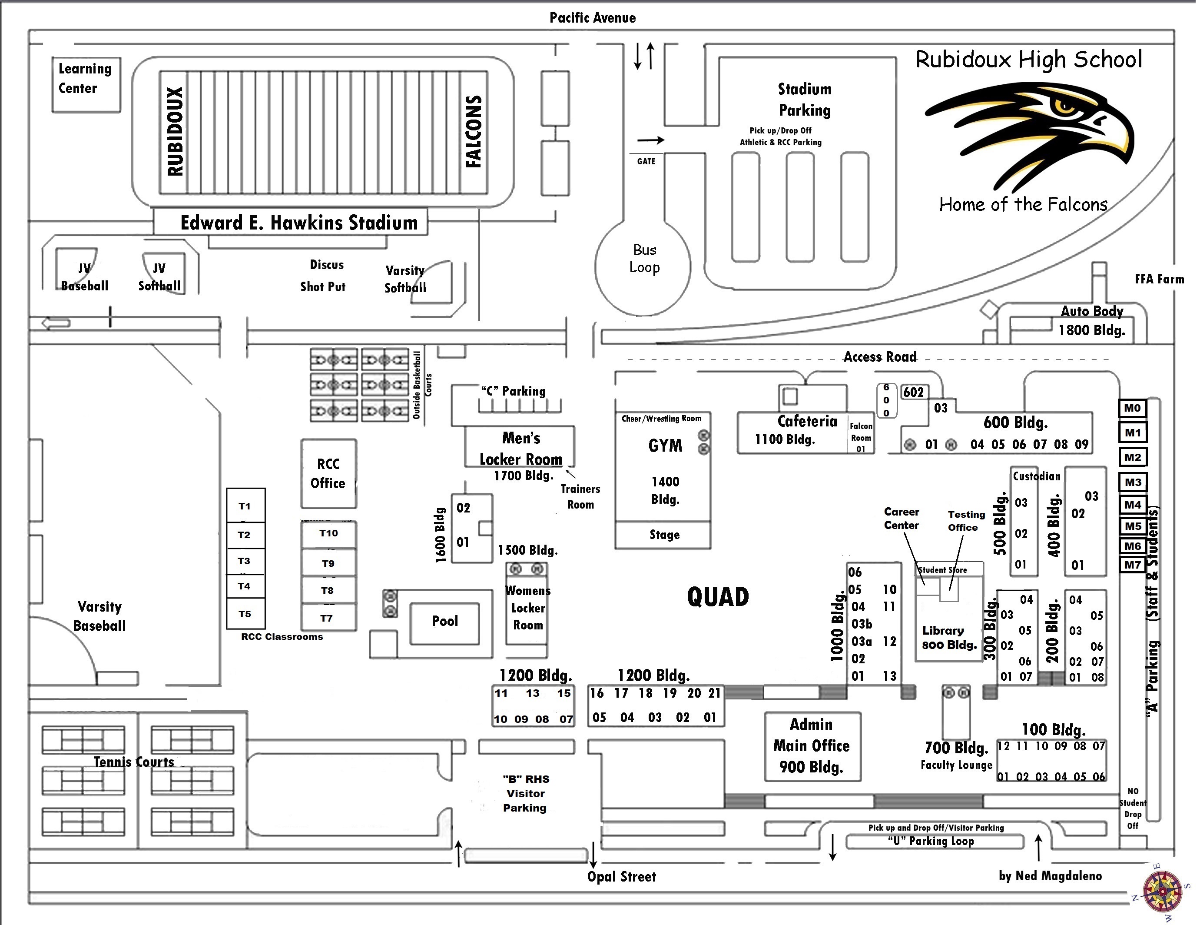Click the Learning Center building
pyautogui.click(x=86, y=85)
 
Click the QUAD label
pyautogui.click(x=718, y=597)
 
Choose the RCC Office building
pyautogui.click(x=328, y=474)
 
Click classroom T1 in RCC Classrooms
pyautogui.click(x=245, y=506)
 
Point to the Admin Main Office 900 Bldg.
pyautogui.click(x=812, y=746)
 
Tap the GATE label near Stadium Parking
pyautogui.click(x=646, y=161)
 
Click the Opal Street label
pyautogui.click(x=621, y=877)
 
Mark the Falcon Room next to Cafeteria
pyautogui.click(x=861, y=437)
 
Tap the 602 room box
pyautogui.click(x=914, y=393)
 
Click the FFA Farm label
pyautogui.click(x=1159, y=279)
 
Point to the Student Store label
pyautogui.click(x=943, y=570)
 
